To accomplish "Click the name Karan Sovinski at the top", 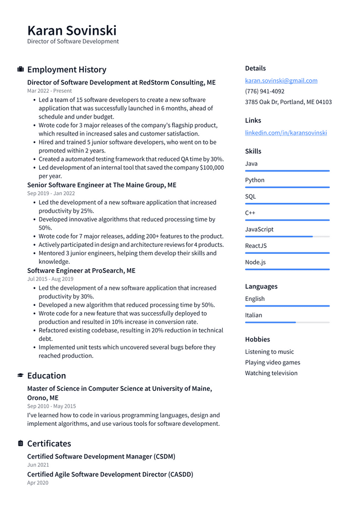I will pyautogui.click(x=72, y=30).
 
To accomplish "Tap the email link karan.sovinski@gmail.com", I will pyautogui.click(x=281, y=80).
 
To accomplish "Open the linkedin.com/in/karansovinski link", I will pyautogui.click(x=286, y=133).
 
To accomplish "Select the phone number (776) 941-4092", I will pyautogui.click(x=264, y=91).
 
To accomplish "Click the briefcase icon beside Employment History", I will pyautogui.click(x=20, y=70).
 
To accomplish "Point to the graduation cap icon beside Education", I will pyautogui.click(x=20, y=376).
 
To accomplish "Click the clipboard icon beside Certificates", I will pyautogui.click(x=20, y=444).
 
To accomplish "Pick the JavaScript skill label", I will pyautogui.click(x=259, y=229).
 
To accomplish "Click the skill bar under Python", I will pyautogui.click(x=287, y=187).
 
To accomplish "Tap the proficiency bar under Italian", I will pyautogui.click(x=287, y=322).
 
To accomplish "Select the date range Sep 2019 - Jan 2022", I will pyautogui.click(x=51, y=193).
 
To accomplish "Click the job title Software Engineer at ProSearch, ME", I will pyautogui.click(x=81, y=271).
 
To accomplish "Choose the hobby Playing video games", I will pyautogui.click(x=272, y=363).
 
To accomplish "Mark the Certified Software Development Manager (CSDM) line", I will pyautogui.click(x=101, y=457).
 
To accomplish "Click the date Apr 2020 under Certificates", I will pyautogui.click(x=38, y=483).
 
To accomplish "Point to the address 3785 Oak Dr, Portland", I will pyautogui.click(x=288, y=102).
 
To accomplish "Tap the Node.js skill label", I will pyautogui.click(x=255, y=262).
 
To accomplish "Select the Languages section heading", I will pyautogui.click(x=261, y=286).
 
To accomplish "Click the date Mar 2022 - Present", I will pyautogui.click(x=49, y=91).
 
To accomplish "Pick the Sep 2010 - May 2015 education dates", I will pyautogui.click(x=51, y=406).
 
